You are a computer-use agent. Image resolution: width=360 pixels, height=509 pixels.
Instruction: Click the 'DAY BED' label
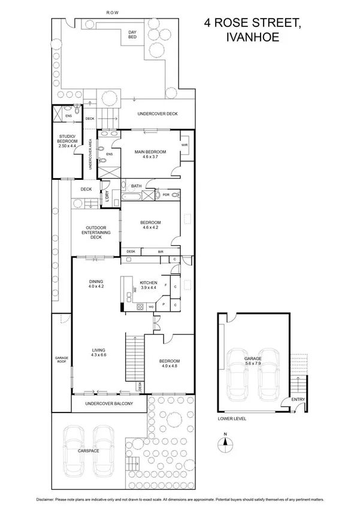pos(132,35)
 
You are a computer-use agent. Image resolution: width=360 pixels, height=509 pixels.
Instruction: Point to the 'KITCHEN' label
pos(148,282)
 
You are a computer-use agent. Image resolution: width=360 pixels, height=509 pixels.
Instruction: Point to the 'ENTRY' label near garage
pos(297,399)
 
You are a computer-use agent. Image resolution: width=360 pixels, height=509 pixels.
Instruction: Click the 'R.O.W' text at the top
pos(112,11)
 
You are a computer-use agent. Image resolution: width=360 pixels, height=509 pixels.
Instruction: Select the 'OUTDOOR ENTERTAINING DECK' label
pos(96,232)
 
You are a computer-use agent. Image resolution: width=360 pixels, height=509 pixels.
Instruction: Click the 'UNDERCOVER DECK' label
pos(158,114)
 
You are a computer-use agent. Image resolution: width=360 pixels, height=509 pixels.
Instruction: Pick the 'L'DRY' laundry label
pos(107,195)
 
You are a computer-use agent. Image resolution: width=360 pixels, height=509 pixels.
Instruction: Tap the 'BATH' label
pos(136,186)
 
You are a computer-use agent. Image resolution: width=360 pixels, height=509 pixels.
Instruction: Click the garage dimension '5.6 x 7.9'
pos(253,363)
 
